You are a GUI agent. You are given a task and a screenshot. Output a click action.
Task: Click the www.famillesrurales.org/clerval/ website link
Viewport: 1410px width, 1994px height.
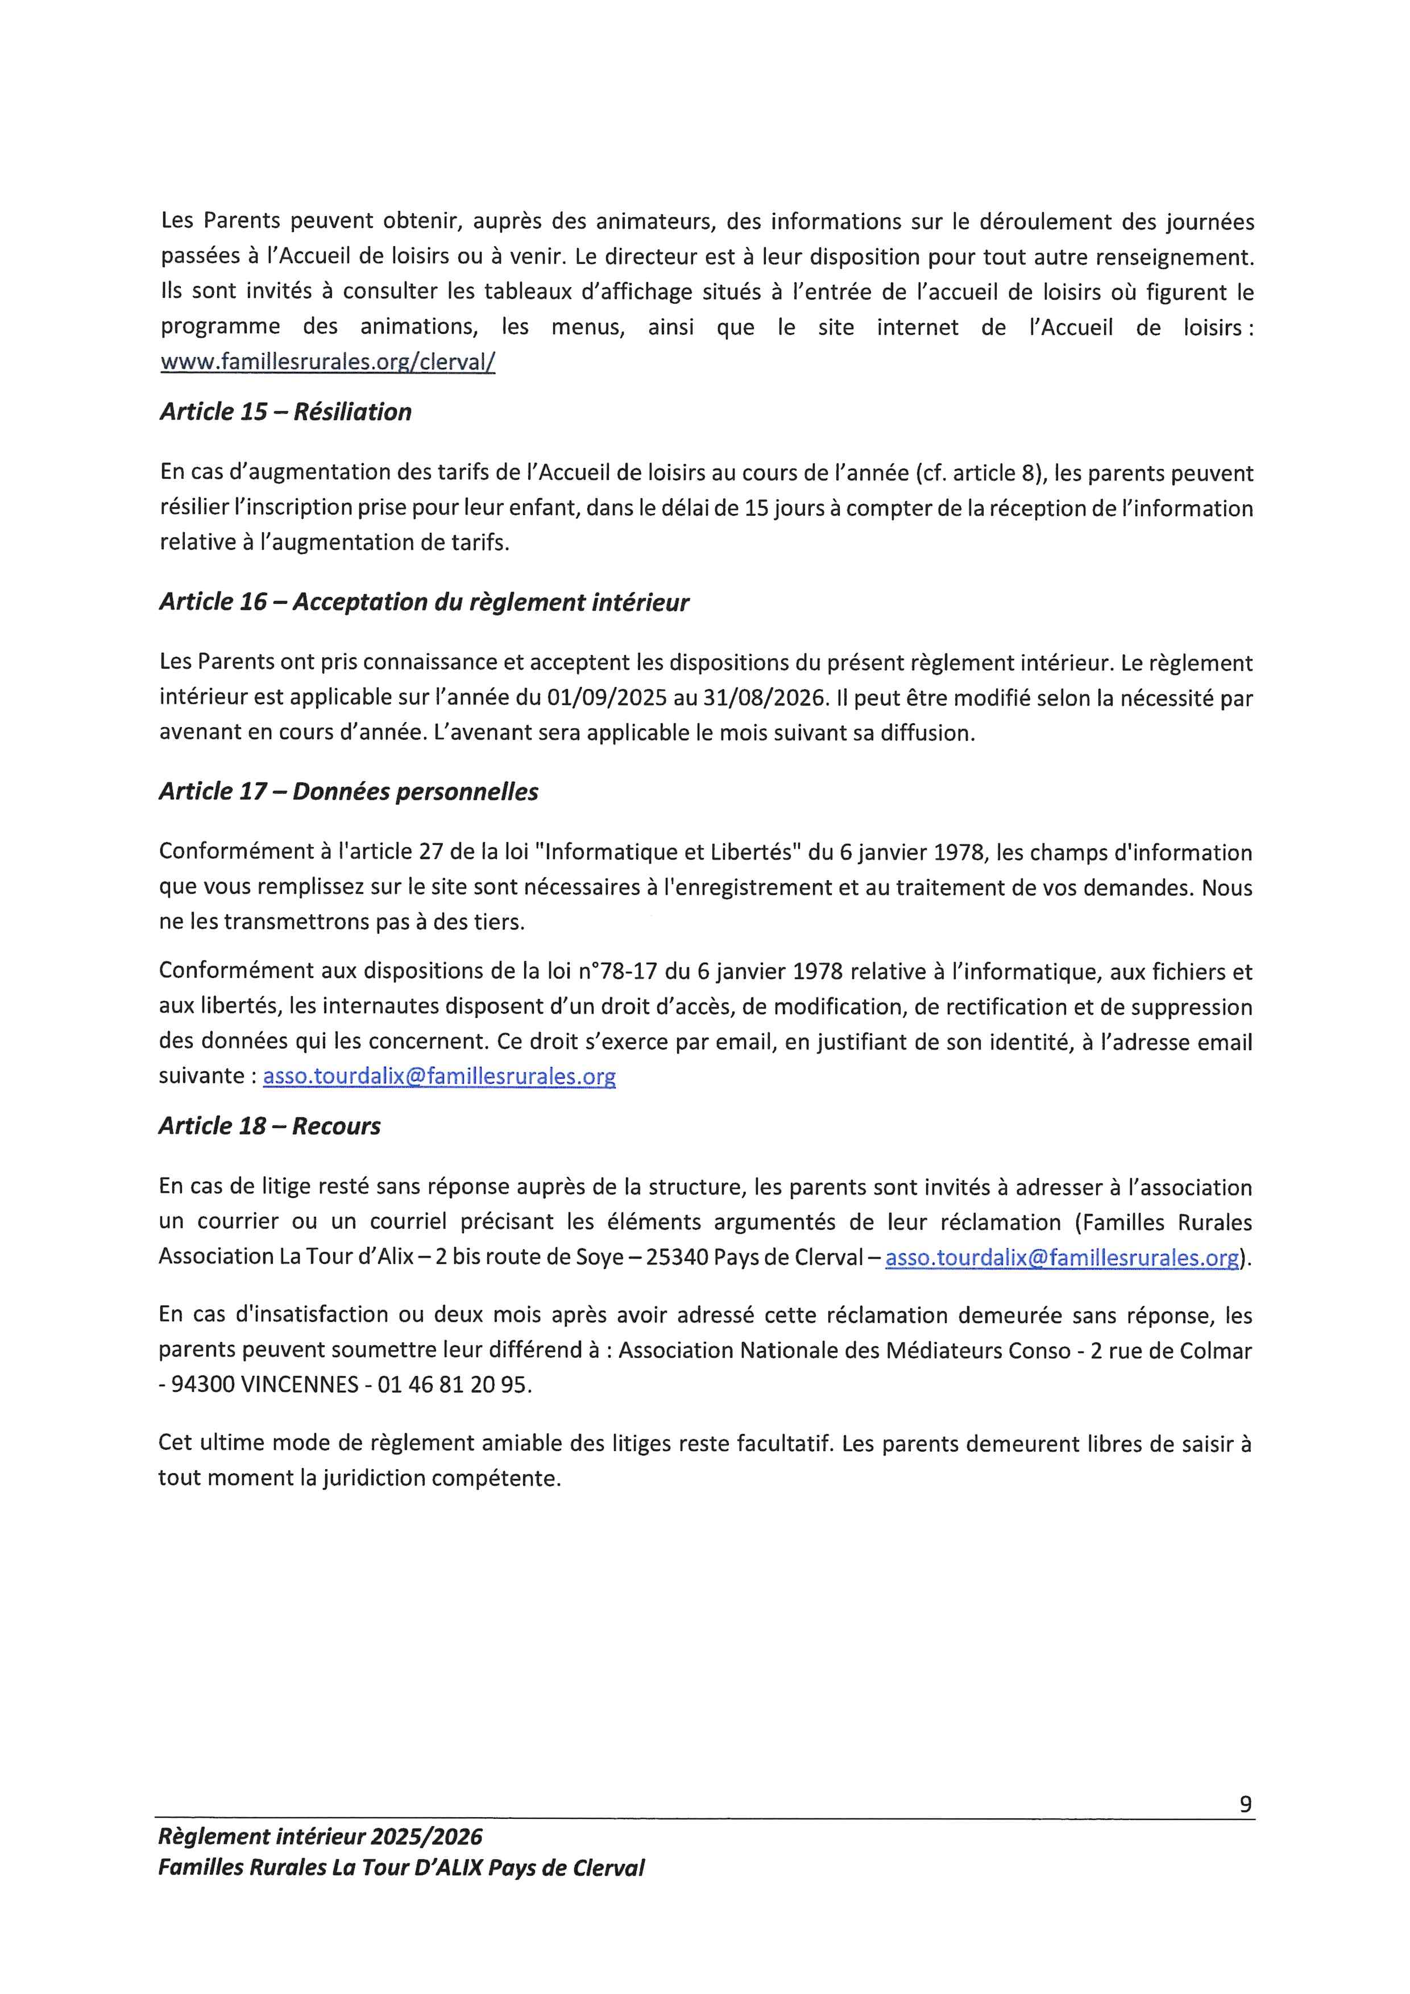tap(327, 362)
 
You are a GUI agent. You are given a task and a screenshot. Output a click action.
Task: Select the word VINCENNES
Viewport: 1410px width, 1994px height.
tap(298, 1384)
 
